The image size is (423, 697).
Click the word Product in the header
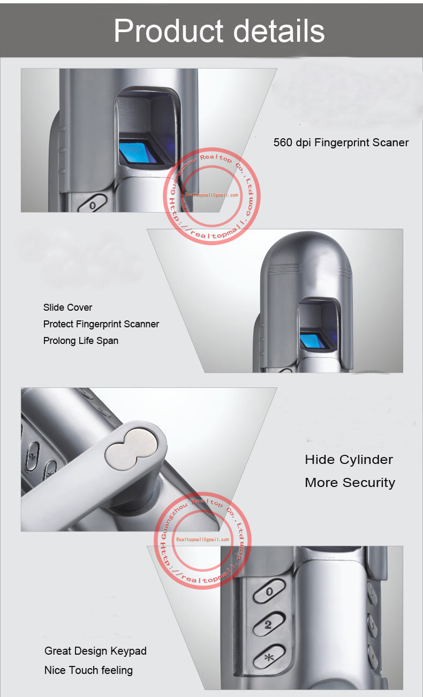(x=169, y=31)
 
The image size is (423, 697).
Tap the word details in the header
(x=279, y=31)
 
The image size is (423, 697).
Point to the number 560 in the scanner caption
(x=283, y=143)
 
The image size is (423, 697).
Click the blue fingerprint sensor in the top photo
(x=138, y=152)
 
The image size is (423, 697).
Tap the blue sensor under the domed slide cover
(x=313, y=340)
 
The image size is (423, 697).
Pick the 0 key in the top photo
(x=93, y=205)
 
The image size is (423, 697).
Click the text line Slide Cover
(x=67, y=308)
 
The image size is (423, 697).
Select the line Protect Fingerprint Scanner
(x=101, y=324)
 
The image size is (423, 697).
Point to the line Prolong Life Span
(x=80, y=341)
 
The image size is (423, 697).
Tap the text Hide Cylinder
(x=349, y=460)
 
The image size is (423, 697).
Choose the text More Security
(x=350, y=483)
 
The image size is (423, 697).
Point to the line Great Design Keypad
(x=95, y=651)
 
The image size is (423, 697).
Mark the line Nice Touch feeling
(x=88, y=670)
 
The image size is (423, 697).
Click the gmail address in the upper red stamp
(x=211, y=195)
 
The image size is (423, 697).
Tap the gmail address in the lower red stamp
(x=202, y=539)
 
